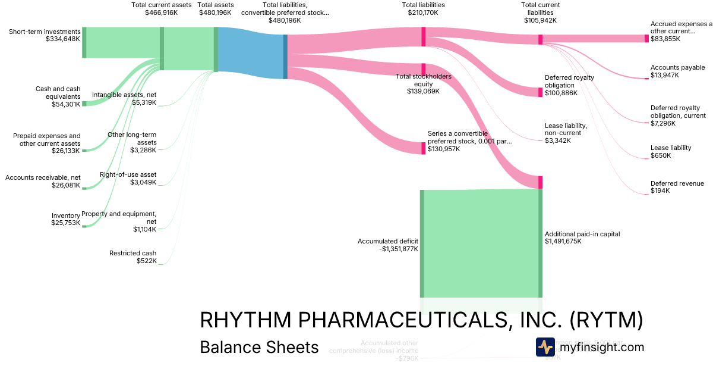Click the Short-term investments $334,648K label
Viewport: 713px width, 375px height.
point(45,35)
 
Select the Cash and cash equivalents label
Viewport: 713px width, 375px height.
point(58,96)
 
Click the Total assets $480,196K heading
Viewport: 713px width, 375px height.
point(215,8)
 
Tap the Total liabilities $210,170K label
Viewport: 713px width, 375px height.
point(423,8)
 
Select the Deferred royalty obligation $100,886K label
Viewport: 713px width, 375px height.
point(569,85)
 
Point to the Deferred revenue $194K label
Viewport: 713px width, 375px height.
point(677,187)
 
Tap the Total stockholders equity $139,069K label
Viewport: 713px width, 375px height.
point(423,84)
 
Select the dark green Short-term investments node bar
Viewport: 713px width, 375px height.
point(84,42)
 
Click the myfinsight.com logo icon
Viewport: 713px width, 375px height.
point(545,347)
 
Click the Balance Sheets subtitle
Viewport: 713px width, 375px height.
point(259,347)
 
